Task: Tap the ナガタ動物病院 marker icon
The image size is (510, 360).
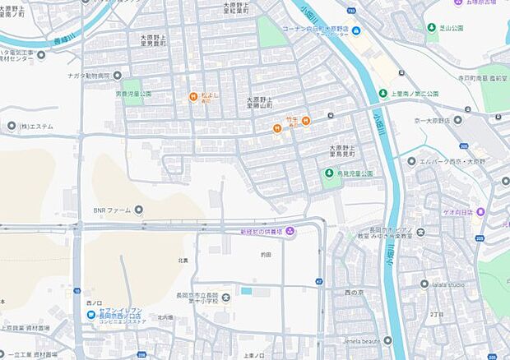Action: pyautogui.click(x=117, y=76)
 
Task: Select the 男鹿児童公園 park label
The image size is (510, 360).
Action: pyautogui.click(x=133, y=94)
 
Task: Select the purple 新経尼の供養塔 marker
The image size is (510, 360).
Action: pyautogui.click(x=290, y=229)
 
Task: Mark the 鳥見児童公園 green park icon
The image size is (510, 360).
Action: pyautogui.click(x=329, y=173)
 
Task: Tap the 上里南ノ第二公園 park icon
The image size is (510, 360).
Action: pyautogui.click(x=382, y=93)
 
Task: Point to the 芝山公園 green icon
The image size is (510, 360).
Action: pyautogui.click(x=432, y=27)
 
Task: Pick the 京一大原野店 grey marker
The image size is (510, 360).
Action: pyautogui.click(x=457, y=119)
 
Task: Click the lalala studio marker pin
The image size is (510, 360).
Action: pyautogui.click(x=425, y=284)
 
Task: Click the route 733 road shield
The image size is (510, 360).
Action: pyautogui.click(x=351, y=11)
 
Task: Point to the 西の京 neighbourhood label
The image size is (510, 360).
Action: pyautogui.click(x=354, y=291)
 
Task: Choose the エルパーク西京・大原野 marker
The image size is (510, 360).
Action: pyautogui.click(x=411, y=161)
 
